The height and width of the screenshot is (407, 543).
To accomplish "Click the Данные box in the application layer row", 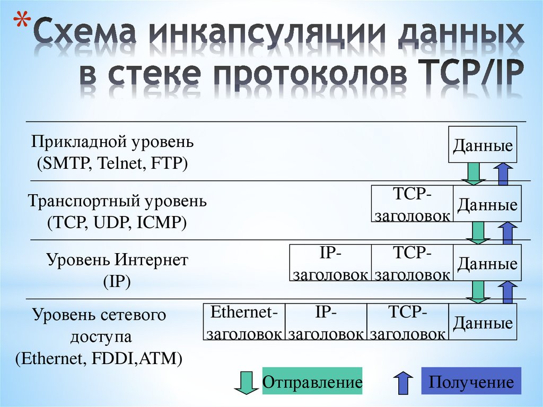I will click(x=483, y=145).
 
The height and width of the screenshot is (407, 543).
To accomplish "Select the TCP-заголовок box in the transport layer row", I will click(x=413, y=204).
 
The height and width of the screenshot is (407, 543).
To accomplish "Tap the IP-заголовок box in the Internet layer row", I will click(x=330, y=263).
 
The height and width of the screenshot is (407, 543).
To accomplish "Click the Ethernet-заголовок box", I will click(x=244, y=323).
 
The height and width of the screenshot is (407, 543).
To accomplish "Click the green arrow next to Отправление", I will click(x=245, y=383).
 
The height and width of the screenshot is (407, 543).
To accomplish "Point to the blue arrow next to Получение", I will click(x=402, y=382).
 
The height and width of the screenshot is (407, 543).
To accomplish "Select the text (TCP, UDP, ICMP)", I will click(x=117, y=223).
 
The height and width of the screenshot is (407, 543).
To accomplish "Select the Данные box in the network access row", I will click(x=483, y=323).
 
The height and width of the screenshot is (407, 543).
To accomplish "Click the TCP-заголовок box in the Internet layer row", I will click(x=412, y=263).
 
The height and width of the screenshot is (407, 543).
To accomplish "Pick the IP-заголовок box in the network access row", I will click(x=326, y=323).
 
